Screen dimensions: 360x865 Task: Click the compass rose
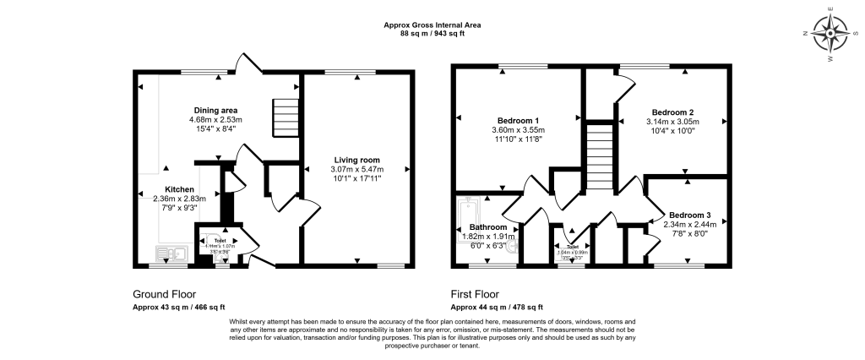(x=833, y=34)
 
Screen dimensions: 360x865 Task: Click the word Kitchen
(x=180, y=189)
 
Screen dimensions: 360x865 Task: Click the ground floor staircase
(x=286, y=118)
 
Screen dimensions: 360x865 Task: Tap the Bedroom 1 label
(x=520, y=120)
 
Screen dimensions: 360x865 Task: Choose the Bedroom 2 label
(x=672, y=112)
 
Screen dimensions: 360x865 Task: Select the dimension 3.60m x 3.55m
(x=520, y=130)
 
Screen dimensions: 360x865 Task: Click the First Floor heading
(x=481, y=294)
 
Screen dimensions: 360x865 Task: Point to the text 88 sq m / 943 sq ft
(x=432, y=33)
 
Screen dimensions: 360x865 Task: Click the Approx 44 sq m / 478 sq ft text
(x=497, y=307)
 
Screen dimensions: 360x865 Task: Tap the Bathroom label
(x=488, y=227)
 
